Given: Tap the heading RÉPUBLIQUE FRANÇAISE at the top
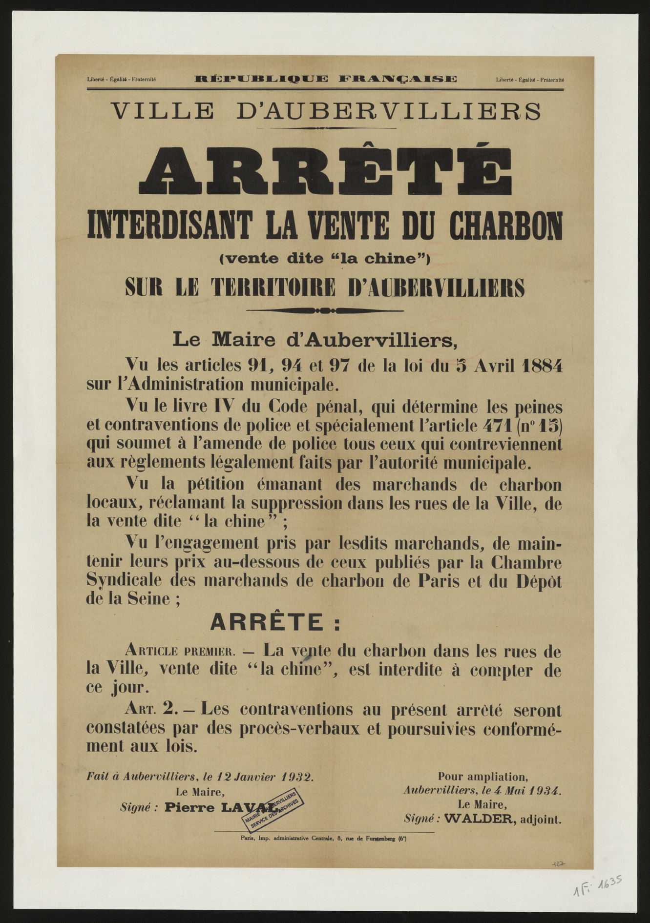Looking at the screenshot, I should pyautogui.click(x=325, y=79).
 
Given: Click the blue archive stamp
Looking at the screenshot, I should pyautogui.click(x=274, y=810).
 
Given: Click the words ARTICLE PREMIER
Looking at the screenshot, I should pyautogui.click(x=181, y=651).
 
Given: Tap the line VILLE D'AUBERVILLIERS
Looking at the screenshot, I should pyautogui.click(x=326, y=111).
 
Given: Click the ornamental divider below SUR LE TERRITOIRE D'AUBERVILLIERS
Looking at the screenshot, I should pyautogui.click(x=325, y=310).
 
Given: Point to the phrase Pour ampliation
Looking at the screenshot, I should pyautogui.click(x=482, y=776).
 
